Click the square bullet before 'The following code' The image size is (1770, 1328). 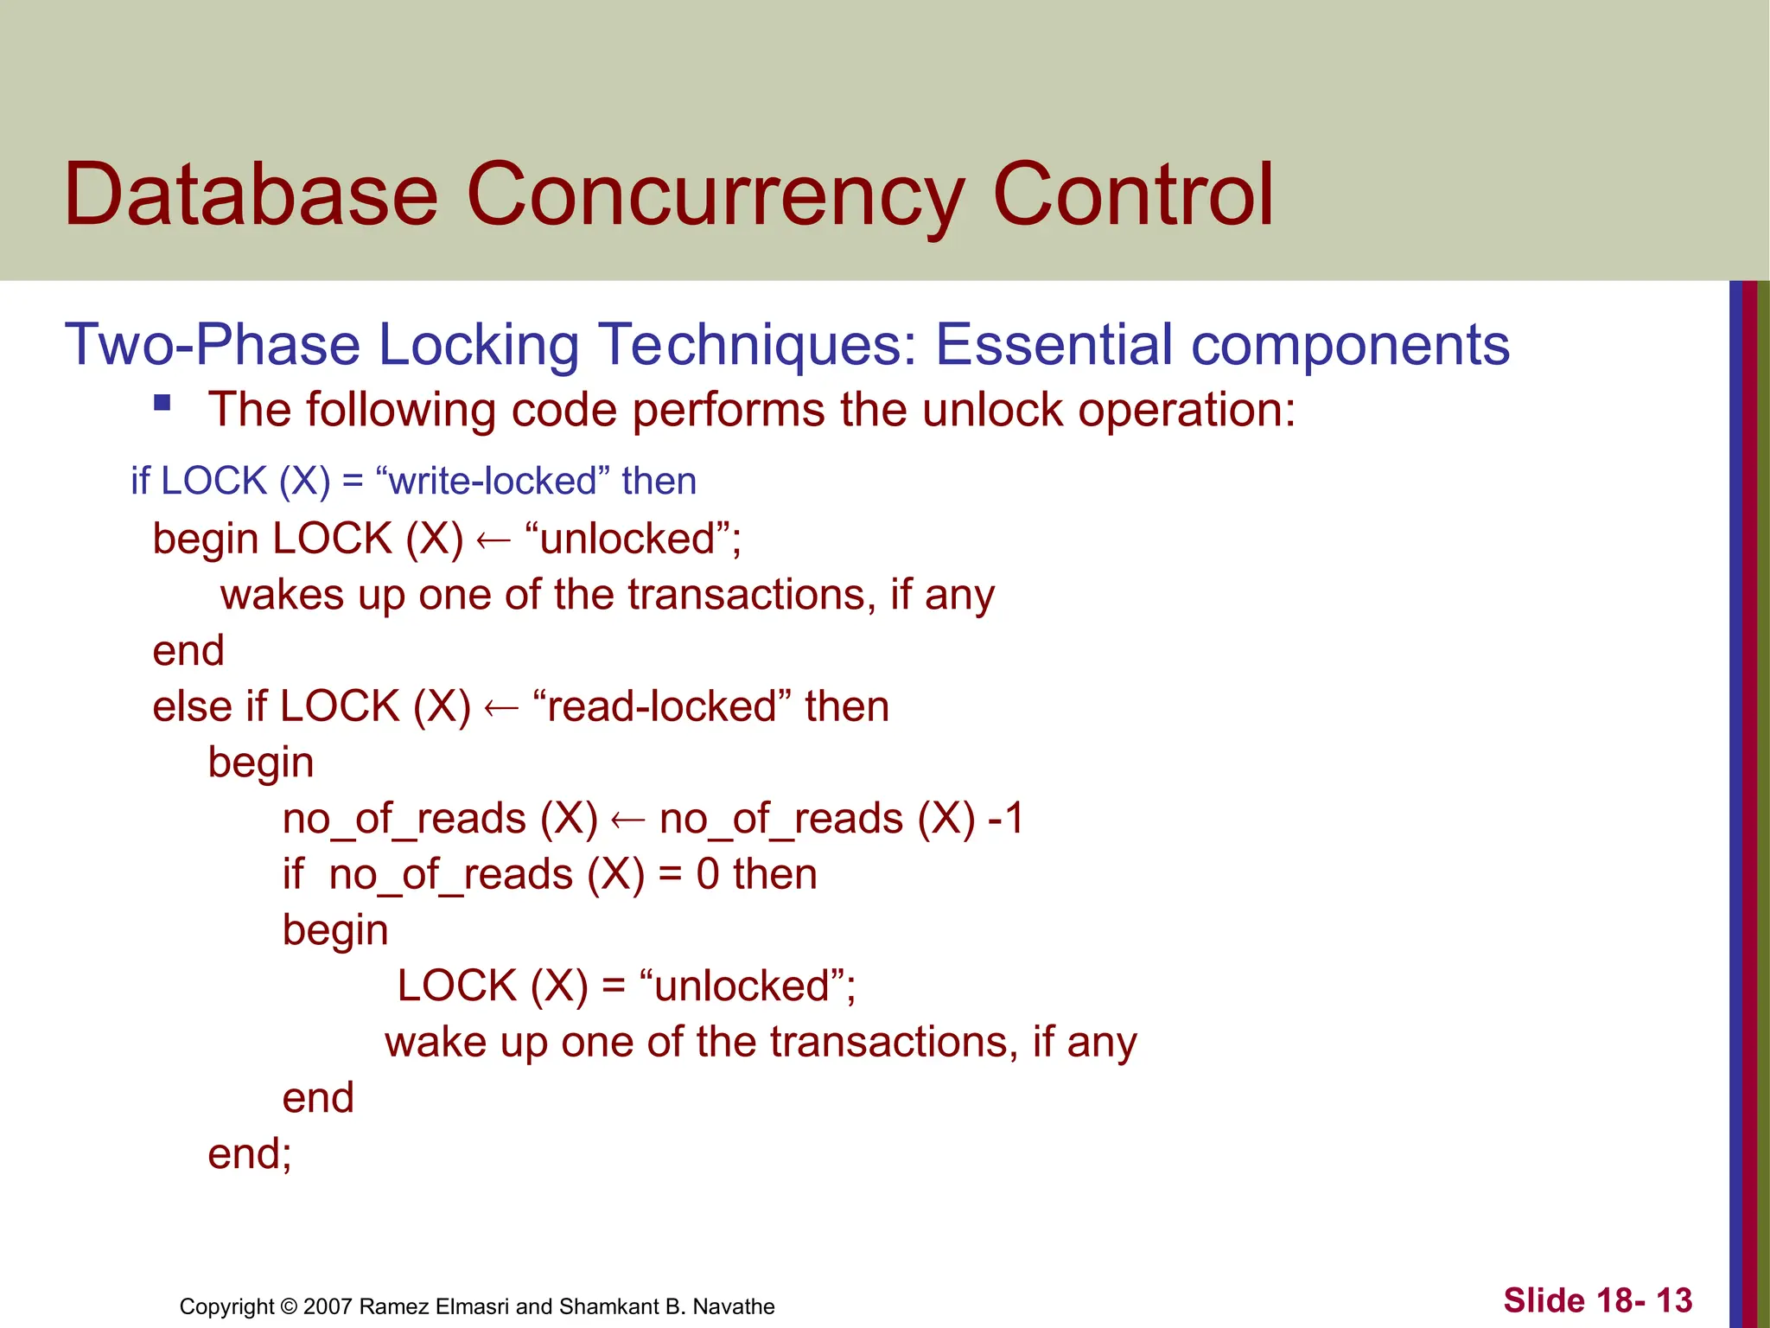pyautogui.click(x=162, y=402)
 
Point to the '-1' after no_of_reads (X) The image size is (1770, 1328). pyautogui.click(x=1005, y=819)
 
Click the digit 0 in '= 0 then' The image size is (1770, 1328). pyautogui.click(x=708, y=874)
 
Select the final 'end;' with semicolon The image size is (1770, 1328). pyautogui.click(x=250, y=1154)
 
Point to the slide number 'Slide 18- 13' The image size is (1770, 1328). pyautogui.click(x=1597, y=1300)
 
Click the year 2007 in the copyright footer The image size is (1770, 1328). pyautogui.click(x=328, y=1306)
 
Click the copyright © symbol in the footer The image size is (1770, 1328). pyautogui.click(x=289, y=1306)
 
